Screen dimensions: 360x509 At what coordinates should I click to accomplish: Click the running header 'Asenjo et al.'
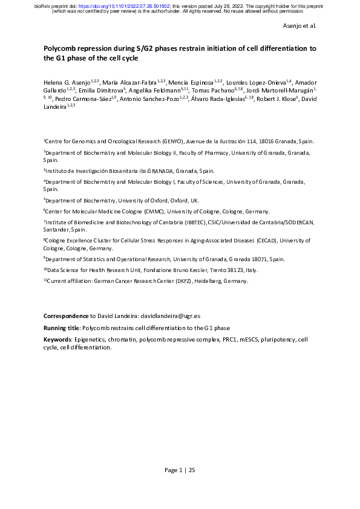pyautogui.click(x=299, y=26)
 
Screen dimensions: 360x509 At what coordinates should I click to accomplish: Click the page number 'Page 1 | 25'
pyautogui.click(x=180, y=470)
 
